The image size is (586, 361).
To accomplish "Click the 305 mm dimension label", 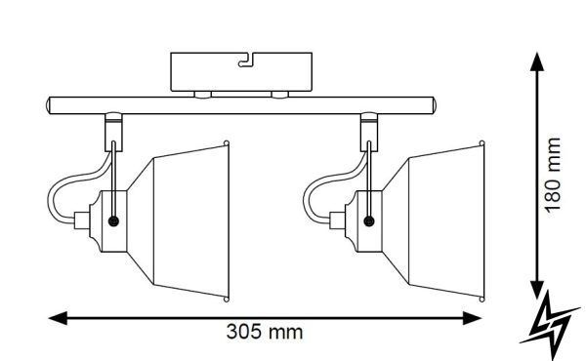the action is (265, 332).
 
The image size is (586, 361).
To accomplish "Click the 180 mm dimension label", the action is (553, 176).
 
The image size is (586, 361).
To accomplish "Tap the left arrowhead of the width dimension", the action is (58, 318).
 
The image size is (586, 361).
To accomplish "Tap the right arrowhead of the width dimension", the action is (472, 318).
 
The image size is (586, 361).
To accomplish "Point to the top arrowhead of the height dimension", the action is (537, 61).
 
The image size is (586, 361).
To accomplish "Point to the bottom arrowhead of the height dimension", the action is (537, 290).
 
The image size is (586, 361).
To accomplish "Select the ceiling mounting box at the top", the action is (241, 71).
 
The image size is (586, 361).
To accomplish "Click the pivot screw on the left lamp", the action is (113, 221).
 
